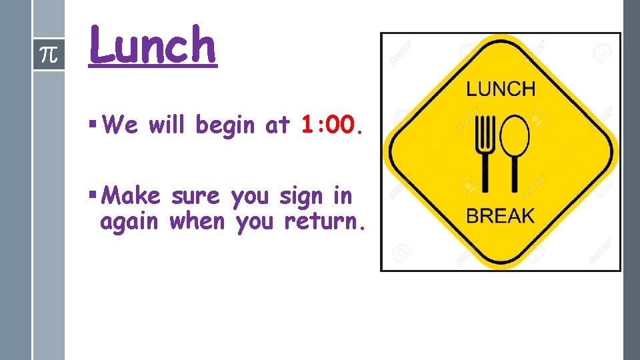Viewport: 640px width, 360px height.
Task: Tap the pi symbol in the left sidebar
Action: (x=49, y=54)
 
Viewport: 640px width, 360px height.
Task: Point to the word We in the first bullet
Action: (x=120, y=124)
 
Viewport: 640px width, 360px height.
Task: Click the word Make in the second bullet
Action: (x=133, y=197)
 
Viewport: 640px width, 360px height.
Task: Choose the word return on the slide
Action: (x=322, y=222)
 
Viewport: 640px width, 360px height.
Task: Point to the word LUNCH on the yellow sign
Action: (x=500, y=88)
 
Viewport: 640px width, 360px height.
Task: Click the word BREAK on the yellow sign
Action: (x=500, y=216)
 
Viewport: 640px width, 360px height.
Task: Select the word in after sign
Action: (x=342, y=197)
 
